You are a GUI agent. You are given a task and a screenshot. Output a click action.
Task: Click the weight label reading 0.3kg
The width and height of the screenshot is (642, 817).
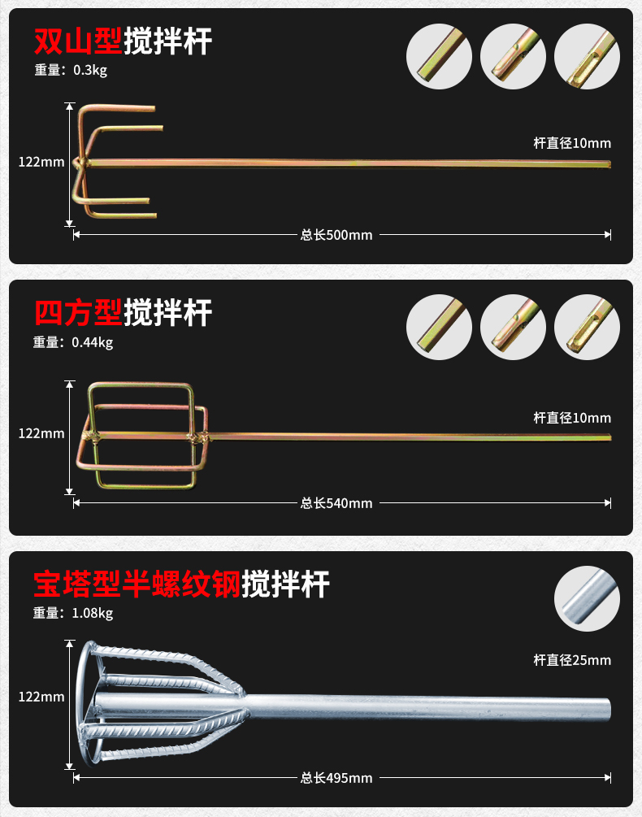pyautogui.click(x=71, y=70)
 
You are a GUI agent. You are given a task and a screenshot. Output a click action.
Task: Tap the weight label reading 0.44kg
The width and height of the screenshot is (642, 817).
pyautogui.click(x=73, y=342)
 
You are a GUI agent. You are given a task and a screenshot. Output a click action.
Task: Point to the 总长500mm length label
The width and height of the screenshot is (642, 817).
pyautogui.click(x=336, y=235)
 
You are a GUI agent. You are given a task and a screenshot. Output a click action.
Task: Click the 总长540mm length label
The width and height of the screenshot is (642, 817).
pyautogui.click(x=336, y=503)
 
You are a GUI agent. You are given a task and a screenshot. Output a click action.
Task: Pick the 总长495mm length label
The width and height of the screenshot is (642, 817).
pyautogui.click(x=336, y=778)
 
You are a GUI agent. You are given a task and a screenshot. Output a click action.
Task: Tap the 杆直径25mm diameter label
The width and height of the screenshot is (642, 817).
pyautogui.click(x=572, y=660)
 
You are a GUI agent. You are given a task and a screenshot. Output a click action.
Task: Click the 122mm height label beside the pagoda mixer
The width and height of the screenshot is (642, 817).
pyautogui.click(x=41, y=697)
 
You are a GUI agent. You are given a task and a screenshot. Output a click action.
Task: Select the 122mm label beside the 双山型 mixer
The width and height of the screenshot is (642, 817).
pyautogui.click(x=41, y=162)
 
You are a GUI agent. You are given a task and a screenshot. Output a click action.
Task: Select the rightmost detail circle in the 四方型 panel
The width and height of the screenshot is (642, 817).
pyautogui.click(x=587, y=326)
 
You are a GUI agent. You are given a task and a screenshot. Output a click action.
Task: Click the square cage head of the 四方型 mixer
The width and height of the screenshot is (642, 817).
pyautogui.click(x=143, y=436)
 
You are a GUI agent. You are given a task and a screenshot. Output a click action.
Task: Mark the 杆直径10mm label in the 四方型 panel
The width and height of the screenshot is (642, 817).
pyautogui.click(x=572, y=418)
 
